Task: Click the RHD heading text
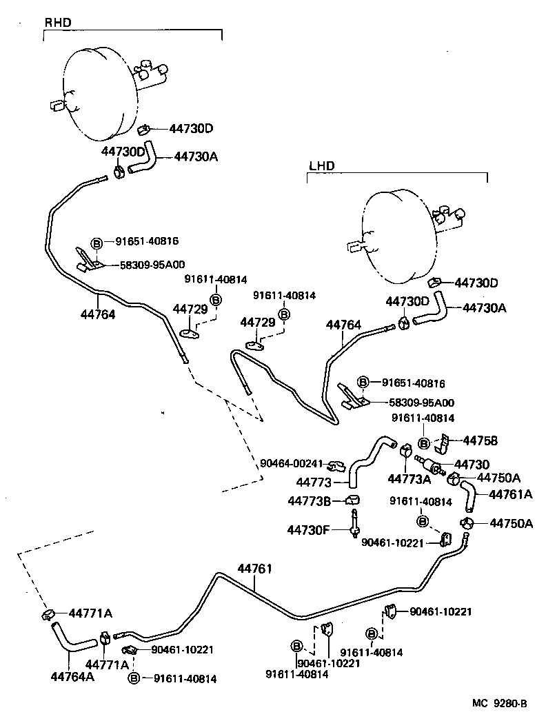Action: pyautogui.click(x=58, y=23)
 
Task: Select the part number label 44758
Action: pyautogui.click(x=480, y=440)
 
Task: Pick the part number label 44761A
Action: pyautogui.click(x=510, y=494)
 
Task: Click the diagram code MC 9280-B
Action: pyautogui.click(x=499, y=703)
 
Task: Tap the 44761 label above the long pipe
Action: pyautogui.click(x=255, y=569)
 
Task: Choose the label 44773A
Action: pyautogui.click(x=409, y=478)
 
